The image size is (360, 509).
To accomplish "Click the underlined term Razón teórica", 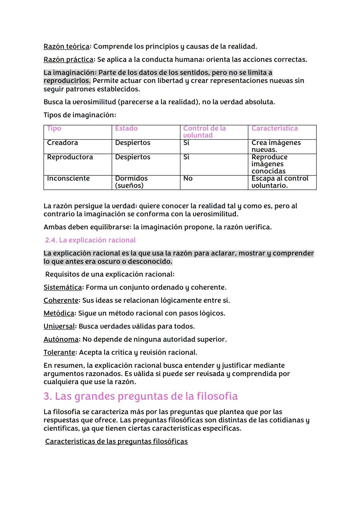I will pos(66,46).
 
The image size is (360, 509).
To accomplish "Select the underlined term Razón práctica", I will pos(68,59).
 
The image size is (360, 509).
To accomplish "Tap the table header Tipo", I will pos(54,128).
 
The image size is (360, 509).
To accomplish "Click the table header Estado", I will pos(126,128).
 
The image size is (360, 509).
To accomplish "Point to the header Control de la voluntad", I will pos(204,132).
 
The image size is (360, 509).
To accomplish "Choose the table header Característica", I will pos(274,128).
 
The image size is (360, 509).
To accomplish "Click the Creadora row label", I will pos(62,143).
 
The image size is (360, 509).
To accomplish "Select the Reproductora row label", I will pos(70,157).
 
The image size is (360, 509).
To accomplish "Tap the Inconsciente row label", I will pos(68,178).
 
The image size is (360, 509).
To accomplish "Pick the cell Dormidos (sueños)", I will pos(131,182).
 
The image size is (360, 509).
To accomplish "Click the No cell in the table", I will pos(188,178).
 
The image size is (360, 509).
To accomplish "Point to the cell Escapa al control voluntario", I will pos(279,182).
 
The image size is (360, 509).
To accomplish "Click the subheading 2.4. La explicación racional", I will pos(90,240).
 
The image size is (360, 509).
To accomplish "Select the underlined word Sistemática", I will pos(63,287).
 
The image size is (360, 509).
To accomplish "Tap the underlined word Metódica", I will pos(59,313).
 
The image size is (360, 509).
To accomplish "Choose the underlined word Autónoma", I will pos(61,339).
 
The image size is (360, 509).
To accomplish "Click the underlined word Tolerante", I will pos(59,352).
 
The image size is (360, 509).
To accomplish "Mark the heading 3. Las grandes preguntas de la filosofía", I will pos(140,396).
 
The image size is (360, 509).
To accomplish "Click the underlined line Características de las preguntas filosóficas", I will pos(116,441).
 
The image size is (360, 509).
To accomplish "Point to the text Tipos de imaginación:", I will pos(80,115).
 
